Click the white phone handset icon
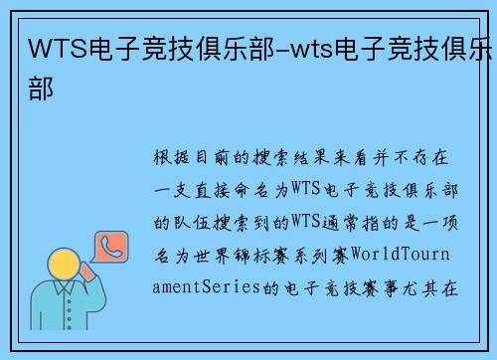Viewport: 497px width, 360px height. pyautogui.click(x=108, y=244)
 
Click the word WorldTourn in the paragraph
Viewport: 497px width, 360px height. pyautogui.click(x=409, y=256)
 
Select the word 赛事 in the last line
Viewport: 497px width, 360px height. pyautogui.click(x=390, y=288)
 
